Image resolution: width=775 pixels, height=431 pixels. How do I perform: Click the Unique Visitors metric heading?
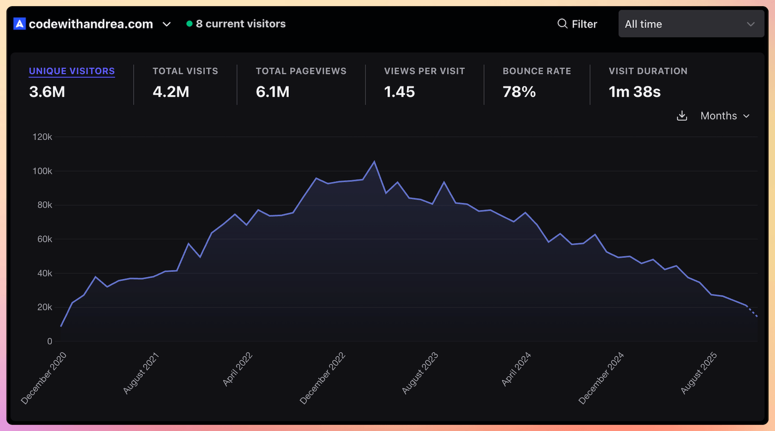(x=72, y=71)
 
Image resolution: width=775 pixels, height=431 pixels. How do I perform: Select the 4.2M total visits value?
(x=171, y=92)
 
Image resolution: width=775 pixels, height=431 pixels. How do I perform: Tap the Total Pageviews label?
(x=301, y=71)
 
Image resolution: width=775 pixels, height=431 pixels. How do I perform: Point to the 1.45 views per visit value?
(x=399, y=92)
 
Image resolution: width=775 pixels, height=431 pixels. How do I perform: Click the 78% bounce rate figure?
(x=519, y=92)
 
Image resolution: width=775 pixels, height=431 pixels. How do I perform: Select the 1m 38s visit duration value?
(x=634, y=92)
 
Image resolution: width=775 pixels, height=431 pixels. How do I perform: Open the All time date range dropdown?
(x=691, y=24)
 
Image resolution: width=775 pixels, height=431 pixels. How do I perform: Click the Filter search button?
(x=577, y=24)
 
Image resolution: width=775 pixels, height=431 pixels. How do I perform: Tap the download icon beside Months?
(x=682, y=116)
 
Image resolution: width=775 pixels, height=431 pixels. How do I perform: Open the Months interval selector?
(x=725, y=116)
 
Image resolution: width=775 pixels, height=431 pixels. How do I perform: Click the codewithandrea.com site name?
(x=91, y=24)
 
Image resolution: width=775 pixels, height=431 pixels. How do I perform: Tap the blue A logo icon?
(x=19, y=24)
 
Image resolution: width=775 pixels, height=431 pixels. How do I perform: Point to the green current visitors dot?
(x=189, y=24)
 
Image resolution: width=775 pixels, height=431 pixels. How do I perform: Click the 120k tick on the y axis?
(x=42, y=137)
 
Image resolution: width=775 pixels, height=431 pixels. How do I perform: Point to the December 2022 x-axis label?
(x=323, y=378)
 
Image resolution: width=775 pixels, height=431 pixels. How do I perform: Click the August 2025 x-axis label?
(x=699, y=373)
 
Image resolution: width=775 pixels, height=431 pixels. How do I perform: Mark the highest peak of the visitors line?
(x=374, y=162)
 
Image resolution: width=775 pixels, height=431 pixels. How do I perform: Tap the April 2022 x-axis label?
(x=238, y=370)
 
